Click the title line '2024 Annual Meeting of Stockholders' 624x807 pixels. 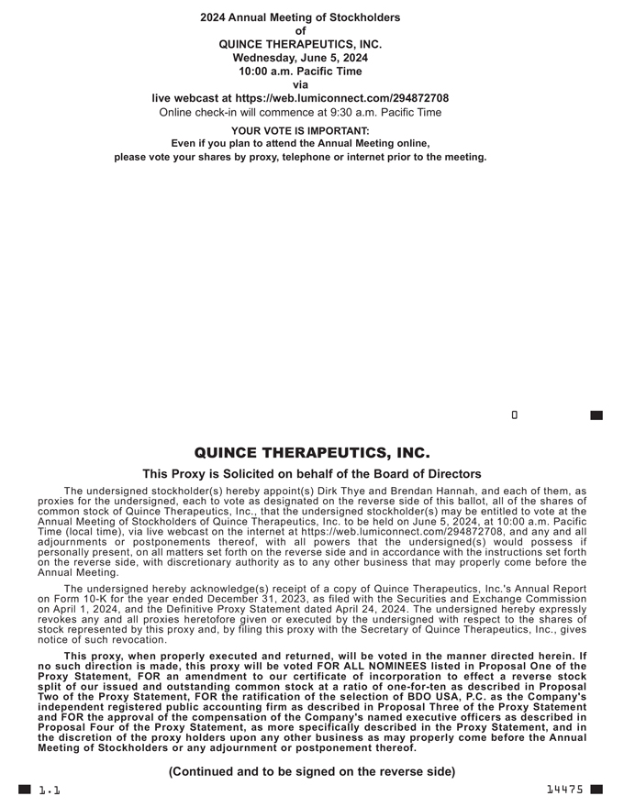tap(300, 17)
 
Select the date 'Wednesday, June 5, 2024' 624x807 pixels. tap(300, 58)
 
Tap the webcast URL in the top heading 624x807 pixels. tap(341, 98)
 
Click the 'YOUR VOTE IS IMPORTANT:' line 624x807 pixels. tap(300, 130)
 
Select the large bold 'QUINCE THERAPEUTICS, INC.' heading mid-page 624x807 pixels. tap(312, 454)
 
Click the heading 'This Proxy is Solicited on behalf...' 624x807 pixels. tap(312, 474)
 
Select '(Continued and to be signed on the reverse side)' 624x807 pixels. tap(312, 772)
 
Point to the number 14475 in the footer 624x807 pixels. tap(564, 790)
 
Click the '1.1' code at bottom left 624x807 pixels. tap(49, 790)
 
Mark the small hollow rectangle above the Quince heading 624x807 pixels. tap(515, 415)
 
